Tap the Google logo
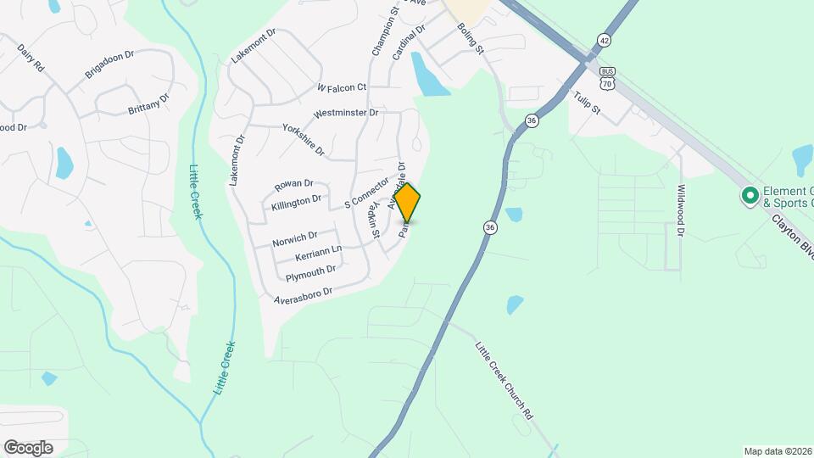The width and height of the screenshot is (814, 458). (x=28, y=448)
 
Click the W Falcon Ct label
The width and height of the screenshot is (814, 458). (x=342, y=87)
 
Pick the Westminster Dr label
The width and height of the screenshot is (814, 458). (x=345, y=113)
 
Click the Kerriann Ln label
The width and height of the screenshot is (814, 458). (x=318, y=253)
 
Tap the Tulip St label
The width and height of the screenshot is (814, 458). (x=587, y=103)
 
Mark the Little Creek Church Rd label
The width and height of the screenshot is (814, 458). (x=504, y=381)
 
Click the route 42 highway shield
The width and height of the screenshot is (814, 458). (x=603, y=40)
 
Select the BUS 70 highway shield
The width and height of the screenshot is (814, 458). (x=605, y=78)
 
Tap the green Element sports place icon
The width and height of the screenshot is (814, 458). (x=750, y=197)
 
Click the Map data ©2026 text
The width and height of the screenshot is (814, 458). (x=778, y=451)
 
